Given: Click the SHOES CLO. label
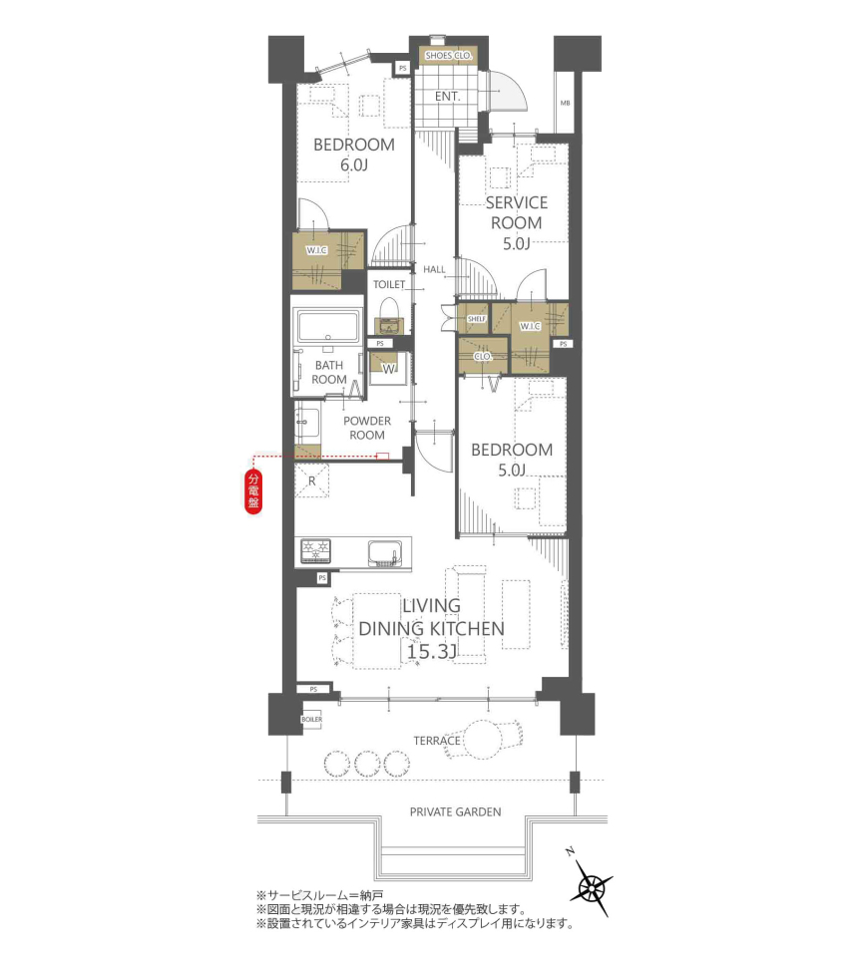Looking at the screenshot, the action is pos(449,56).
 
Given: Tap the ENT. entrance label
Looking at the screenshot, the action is pos(447,97).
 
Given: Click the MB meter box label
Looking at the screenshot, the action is pos(565,103).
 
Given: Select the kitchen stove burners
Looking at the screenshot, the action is pos(315,551).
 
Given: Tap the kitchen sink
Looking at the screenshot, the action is pos(385,553).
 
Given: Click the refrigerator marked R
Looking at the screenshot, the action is pos(311,480).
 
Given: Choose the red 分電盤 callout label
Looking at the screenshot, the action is pos(253,490).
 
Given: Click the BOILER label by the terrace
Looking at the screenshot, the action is pos(311,720).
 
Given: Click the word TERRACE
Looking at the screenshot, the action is pos(437,741).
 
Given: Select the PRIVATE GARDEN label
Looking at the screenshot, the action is pos(456,812).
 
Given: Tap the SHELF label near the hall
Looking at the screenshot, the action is pos(476,319).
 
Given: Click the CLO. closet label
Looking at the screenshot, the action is pos(483,357).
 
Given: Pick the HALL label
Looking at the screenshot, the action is pos(434,269).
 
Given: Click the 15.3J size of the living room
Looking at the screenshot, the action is pos(431,652).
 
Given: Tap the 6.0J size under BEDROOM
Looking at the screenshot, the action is pos(354,164).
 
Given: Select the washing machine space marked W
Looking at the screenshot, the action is pos(388,369).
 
